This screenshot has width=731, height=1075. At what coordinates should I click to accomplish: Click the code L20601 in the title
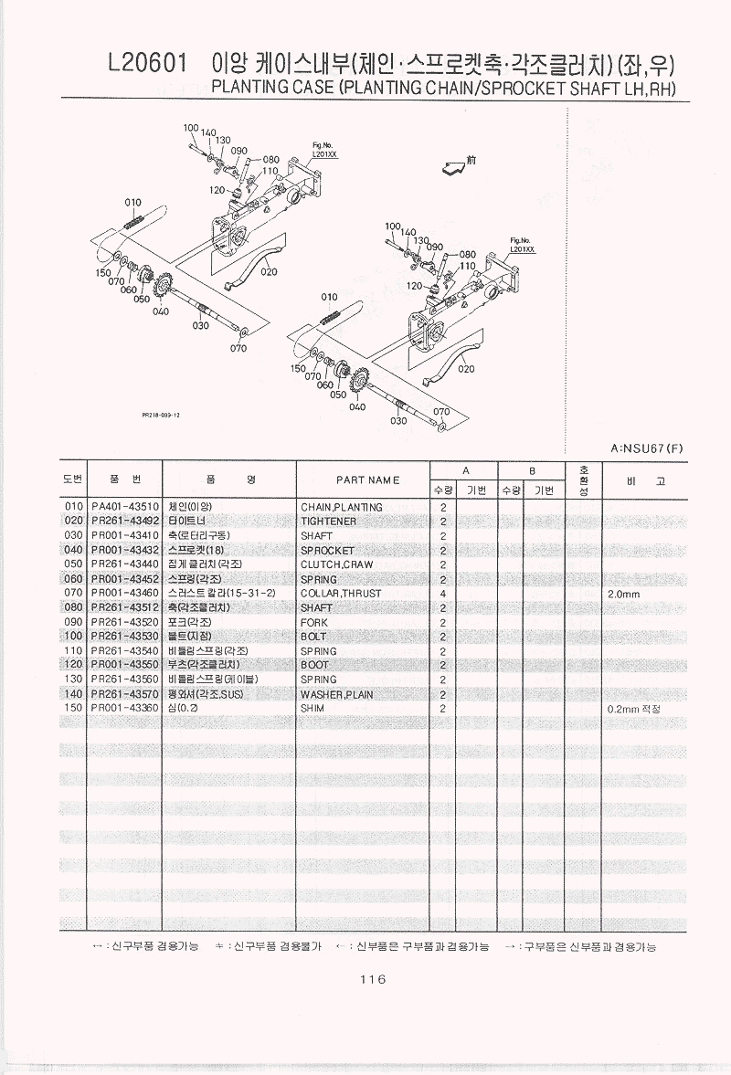147,62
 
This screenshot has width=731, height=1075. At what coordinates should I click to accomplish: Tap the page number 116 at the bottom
373,979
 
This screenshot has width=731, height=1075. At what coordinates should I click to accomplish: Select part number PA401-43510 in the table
125,507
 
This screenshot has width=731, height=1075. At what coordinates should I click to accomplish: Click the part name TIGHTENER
328,522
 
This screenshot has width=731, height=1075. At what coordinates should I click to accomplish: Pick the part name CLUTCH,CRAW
336,564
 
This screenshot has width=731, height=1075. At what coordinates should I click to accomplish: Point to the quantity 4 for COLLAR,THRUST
442,594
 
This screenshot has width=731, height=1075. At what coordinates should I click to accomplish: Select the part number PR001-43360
125,709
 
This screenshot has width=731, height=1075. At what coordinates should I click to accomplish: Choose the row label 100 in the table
74,637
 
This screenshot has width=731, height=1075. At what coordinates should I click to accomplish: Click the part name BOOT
314,666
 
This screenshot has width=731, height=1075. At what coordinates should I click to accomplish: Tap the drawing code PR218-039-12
161,414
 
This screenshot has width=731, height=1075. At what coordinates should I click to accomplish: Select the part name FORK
314,623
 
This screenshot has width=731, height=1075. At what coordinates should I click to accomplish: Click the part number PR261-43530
125,637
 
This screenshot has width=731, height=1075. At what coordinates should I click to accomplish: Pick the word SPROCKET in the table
327,551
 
